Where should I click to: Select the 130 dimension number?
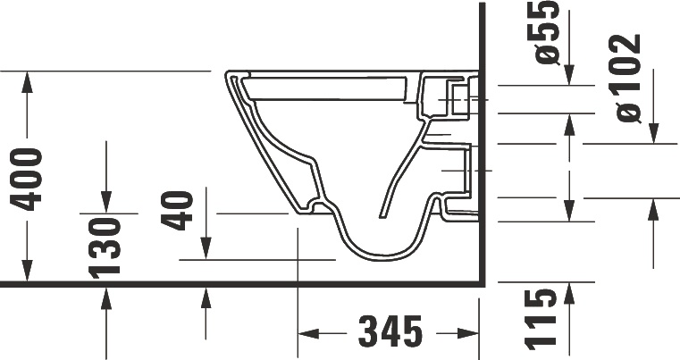(x=106, y=245)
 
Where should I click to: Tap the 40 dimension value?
(x=181, y=209)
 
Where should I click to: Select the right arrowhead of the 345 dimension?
(x=470, y=334)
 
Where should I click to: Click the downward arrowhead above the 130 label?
(x=106, y=203)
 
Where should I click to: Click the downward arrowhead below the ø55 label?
(x=570, y=76)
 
